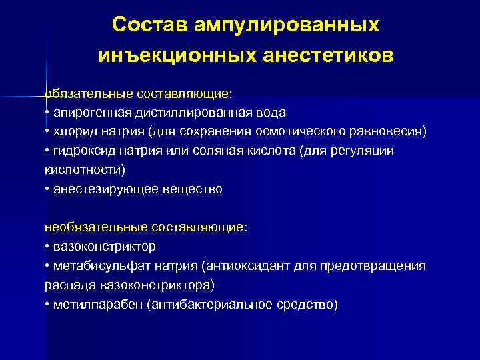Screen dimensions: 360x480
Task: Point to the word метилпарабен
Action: (x=91, y=305)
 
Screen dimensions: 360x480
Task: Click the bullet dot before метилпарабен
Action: (x=47, y=305)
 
